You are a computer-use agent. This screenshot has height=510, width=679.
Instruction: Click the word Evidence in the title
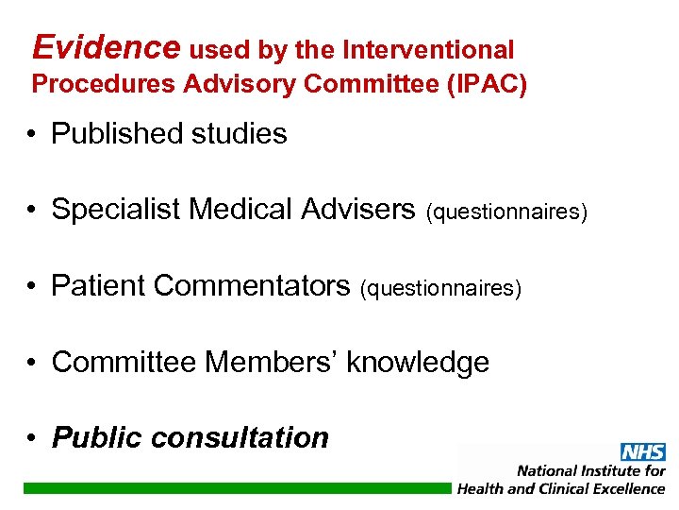click(106, 46)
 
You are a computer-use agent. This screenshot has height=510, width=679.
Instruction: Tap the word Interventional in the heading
click(429, 50)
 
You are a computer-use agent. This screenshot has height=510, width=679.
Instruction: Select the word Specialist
click(116, 210)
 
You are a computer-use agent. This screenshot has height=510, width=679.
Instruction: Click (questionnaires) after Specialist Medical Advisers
click(507, 212)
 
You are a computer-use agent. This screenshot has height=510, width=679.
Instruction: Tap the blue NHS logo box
click(642, 452)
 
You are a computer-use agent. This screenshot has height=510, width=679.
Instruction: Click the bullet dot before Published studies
click(33, 135)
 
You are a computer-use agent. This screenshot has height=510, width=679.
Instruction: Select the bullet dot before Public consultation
click(33, 438)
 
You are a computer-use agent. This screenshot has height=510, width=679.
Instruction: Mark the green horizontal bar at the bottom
click(236, 488)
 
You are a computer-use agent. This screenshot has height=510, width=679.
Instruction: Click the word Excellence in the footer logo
click(621, 488)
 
